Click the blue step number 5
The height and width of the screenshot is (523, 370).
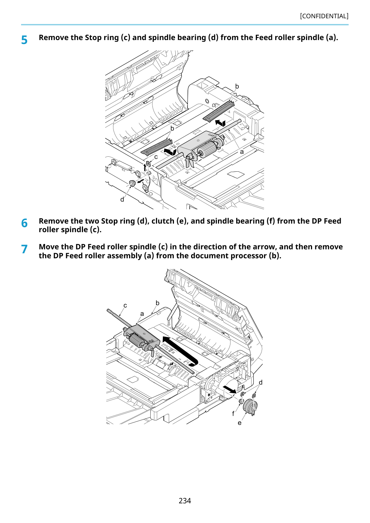tap(24, 40)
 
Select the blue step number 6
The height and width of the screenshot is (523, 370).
tap(24, 223)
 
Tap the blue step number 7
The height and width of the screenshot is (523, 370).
tap(24, 249)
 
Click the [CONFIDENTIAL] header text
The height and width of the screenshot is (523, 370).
tap(324, 16)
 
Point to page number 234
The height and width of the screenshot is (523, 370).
tap(185, 500)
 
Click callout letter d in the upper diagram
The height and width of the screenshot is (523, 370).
tap(122, 199)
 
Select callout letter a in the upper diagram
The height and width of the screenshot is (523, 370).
tap(242, 152)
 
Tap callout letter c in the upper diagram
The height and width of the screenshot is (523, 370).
tap(156, 157)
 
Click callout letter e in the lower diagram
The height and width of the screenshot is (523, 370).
tap(239, 423)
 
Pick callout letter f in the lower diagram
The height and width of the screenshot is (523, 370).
tap(233, 414)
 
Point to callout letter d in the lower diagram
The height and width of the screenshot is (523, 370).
tap(261, 382)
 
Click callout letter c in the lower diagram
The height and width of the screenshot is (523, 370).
tap(125, 306)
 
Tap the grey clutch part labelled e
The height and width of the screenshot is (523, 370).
tap(250, 407)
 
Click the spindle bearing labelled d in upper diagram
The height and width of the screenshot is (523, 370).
tap(132, 183)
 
